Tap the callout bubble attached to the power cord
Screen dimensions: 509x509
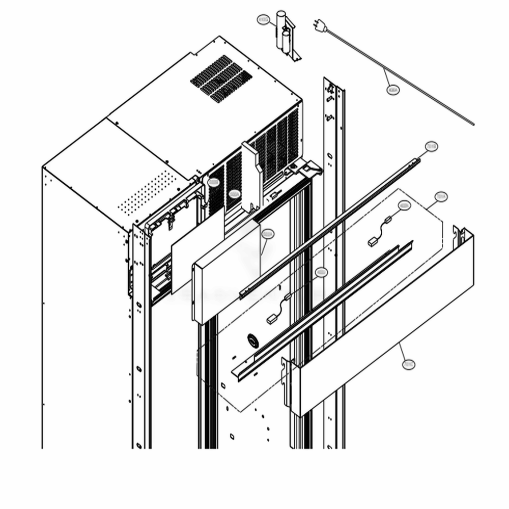(393, 90)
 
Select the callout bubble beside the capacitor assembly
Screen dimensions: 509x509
(263, 20)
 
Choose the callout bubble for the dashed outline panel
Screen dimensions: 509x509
(441, 196)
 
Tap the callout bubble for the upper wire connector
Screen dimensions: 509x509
(404, 206)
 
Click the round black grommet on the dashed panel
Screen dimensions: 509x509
(252, 340)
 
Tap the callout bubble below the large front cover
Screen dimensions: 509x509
(408, 363)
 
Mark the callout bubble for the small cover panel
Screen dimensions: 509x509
(267, 234)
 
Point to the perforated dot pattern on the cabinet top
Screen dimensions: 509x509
(148, 193)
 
